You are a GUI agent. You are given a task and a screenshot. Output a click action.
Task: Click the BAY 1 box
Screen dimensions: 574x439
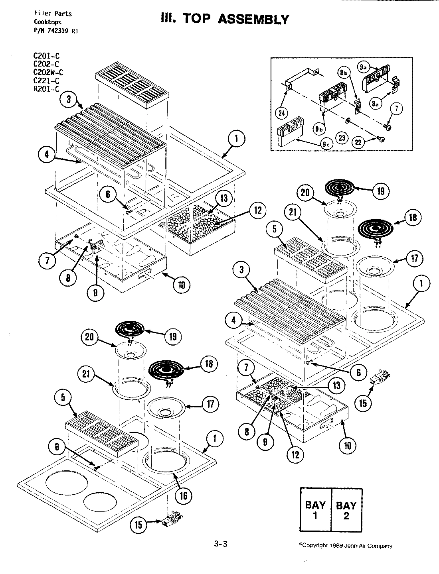(315, 510)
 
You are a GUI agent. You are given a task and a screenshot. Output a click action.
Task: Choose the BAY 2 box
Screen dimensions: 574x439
(346, 510)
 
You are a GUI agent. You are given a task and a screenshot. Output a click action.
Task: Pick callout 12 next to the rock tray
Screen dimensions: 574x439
(258, 211)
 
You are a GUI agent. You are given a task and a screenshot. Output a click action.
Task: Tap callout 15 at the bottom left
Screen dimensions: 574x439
(138, 525)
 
